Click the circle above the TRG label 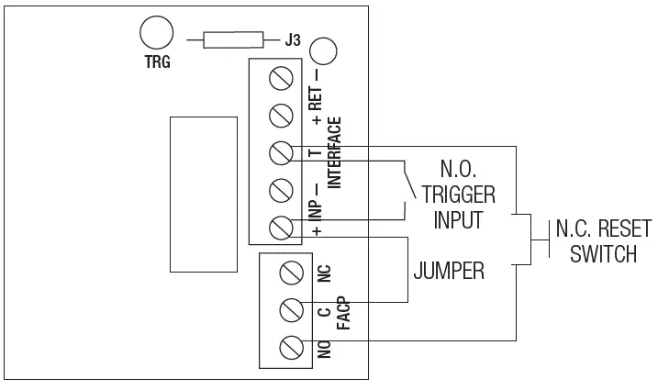[156, 34]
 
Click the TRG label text [159, 64]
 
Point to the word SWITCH [602, 253]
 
